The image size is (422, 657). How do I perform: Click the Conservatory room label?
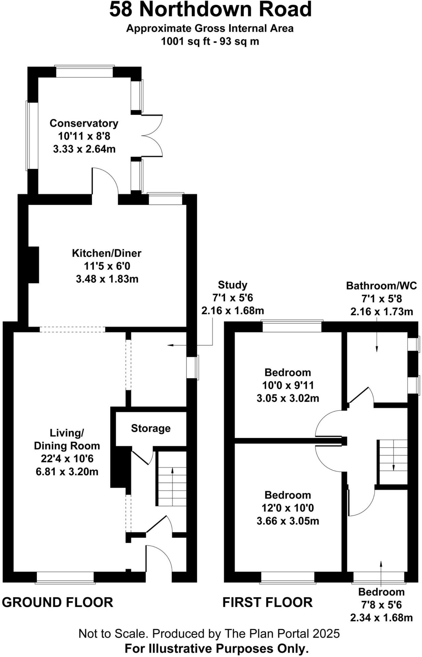click(x=84, y=123)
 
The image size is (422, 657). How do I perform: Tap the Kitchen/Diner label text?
click(x=106, y=253)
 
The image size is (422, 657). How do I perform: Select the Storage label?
click(x=151, y=428)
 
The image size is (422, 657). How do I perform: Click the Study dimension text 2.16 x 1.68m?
click(x=232, y=311)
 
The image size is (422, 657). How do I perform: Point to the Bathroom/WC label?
click(x=381, y=286)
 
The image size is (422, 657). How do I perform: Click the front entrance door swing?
click(x=159, y=559)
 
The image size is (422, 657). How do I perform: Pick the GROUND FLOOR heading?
click(x=58, y=602)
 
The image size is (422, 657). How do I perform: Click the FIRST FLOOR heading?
click(x=267, y=602)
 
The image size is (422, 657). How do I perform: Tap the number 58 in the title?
click(x=121, y=10)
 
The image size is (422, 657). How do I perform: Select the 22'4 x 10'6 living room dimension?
click(x=67, y=459)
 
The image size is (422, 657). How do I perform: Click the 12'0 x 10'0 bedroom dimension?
click(x=288, y=508)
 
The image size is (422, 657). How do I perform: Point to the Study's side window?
click(x=193, y=367)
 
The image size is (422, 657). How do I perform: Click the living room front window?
click(x=65, y=577)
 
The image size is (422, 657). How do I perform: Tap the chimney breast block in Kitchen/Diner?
click(x=34, y=265)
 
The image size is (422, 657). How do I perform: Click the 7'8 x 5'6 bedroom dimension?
click(x=381, y=605)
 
